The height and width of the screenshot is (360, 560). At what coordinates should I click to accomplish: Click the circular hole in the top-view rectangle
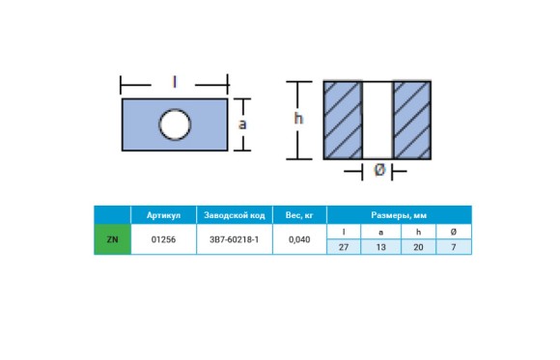pyautogui.click(x=175, y=125)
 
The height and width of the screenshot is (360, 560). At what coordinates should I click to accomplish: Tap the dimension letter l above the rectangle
pyautogui.click(x=175, y=82)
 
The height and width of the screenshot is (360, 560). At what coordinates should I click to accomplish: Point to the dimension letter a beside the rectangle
pyautogui.click(x=242, y=125)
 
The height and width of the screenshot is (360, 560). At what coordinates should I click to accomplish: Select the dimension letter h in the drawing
pyautogui.click(x=298, y=118)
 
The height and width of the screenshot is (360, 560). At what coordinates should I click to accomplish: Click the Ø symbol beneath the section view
pyautogui.click(x=379, y=169)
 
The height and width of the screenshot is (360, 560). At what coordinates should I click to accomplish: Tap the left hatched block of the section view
pyautogui.click(x=343, y=120)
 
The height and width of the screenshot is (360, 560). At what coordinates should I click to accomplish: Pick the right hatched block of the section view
pyautogui.click(x=412, y=120)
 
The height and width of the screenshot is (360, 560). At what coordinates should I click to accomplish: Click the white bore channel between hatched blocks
pyautogui.click(x=378, y=120)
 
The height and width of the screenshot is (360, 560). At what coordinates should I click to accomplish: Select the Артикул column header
pyautogui.click(x=163, y=215)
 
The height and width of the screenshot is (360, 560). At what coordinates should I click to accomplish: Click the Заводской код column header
pyautogui.click(x=235, y=215)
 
